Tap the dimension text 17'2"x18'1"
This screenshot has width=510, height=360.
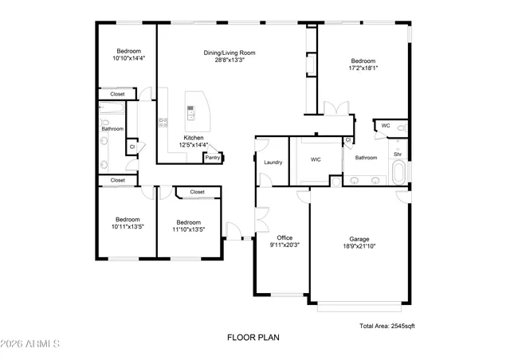pyautogui.click(x=363, y=68)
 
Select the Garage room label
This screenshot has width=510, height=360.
pyautogui.click(x=359, y=238)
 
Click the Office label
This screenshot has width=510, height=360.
pyautogui.click(x=284, y=237)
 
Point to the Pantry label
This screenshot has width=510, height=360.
pyautogui.click(x=212, y=158)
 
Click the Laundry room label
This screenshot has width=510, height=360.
pyautogui.click(x=273, y=162)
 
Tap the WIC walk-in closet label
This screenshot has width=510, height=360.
pyautogui.click(x=316, y=159)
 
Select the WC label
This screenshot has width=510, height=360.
pyautogui.click(x=386, y=126)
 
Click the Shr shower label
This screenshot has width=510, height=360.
pyautogui.click(x=397, y=154)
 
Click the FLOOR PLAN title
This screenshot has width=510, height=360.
pyautogui.click(x=253, y=337)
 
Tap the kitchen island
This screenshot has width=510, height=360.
pyautogui.click(x=194, y=112)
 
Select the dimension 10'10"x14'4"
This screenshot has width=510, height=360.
pyautogui.click(x=128, y=58)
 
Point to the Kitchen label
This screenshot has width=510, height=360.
pyautogui.click(x=194, y=138)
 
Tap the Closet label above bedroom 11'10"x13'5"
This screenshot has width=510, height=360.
pyautogui.click(x=197, y=192)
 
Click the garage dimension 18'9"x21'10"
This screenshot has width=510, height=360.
pyautogui.click(x=359, y=246)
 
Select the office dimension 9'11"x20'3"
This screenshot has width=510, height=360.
pyautogui.click(x=284, y=245)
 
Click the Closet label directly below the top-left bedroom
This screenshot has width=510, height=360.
pyautogui.click(x=117, y=95)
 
